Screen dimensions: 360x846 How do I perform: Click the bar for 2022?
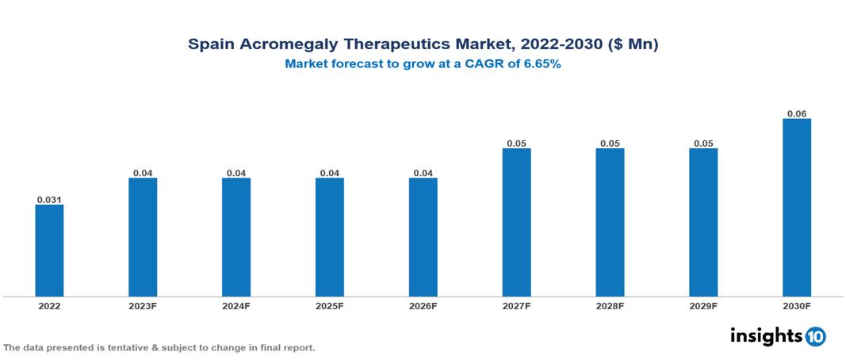click(x=49, y=251)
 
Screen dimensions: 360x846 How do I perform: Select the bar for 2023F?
click(x=143, y=237)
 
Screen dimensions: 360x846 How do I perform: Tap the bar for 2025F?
click(x=329, y=237)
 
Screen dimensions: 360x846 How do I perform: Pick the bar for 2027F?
click(x=516, y=222)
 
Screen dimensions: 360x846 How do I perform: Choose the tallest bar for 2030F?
click(x=797, y=208)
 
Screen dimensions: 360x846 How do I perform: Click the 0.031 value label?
click(x=49, y=199)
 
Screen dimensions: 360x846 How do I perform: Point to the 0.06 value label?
click(x=797, y=113)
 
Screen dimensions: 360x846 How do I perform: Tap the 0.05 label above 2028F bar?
click(x=610, y=143)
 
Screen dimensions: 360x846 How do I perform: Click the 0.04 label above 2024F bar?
click(x=236, y=172)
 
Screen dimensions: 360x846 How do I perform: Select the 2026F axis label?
click(x=423, y=306)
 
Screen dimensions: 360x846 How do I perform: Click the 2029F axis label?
click(x=703, y=306)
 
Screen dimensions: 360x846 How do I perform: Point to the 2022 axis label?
click(x=49, y=306)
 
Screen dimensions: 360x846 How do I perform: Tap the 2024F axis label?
click(x=236, y=306)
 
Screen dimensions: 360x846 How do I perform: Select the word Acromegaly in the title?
click(x=285, y=45)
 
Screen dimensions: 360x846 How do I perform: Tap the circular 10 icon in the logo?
click(x=815, y=336)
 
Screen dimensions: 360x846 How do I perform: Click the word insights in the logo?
click(x=766, y=335)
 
